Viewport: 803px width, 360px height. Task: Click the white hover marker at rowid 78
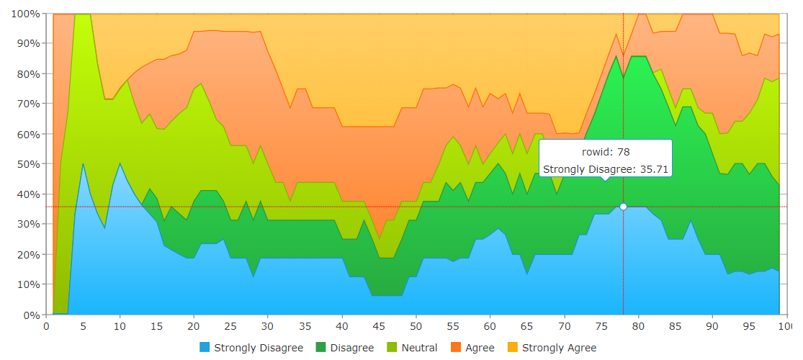pos(623,207)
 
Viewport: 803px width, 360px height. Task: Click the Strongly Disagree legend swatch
pos(205,348)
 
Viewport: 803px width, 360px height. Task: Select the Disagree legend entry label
pos(352,348)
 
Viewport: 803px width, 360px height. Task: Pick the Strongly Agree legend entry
pos(559,348)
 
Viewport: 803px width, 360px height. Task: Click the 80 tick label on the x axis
pos(638,326)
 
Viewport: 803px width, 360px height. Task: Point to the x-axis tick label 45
pos(379,326)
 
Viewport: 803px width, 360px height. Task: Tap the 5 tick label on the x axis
pos(84,326)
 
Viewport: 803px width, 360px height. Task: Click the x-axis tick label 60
pos(490,326)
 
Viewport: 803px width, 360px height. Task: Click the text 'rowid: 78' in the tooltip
pos(606,153)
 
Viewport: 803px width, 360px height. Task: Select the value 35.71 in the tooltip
pos(652,169)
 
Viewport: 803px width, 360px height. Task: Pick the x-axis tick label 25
pos(231,326)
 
